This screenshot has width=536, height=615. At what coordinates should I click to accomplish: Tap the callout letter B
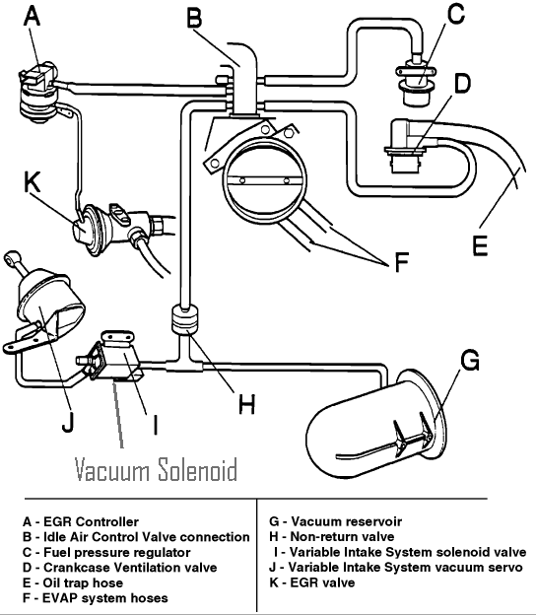pyautogui.click(x=195, y=17)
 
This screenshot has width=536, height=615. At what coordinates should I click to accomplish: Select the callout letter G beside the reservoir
pyautogui.click(x=470, y=361)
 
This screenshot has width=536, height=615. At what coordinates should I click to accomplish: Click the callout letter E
pyautogui.click(x=479, y=243)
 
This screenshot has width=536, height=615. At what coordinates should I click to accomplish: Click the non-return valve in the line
pyautogui.click(x=184, y=320)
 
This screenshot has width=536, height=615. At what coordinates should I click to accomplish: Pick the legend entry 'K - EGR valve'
pyautogui.click(x=313, y=582)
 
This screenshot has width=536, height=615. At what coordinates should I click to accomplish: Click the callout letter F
pyautogui.click(x=399, y=263)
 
